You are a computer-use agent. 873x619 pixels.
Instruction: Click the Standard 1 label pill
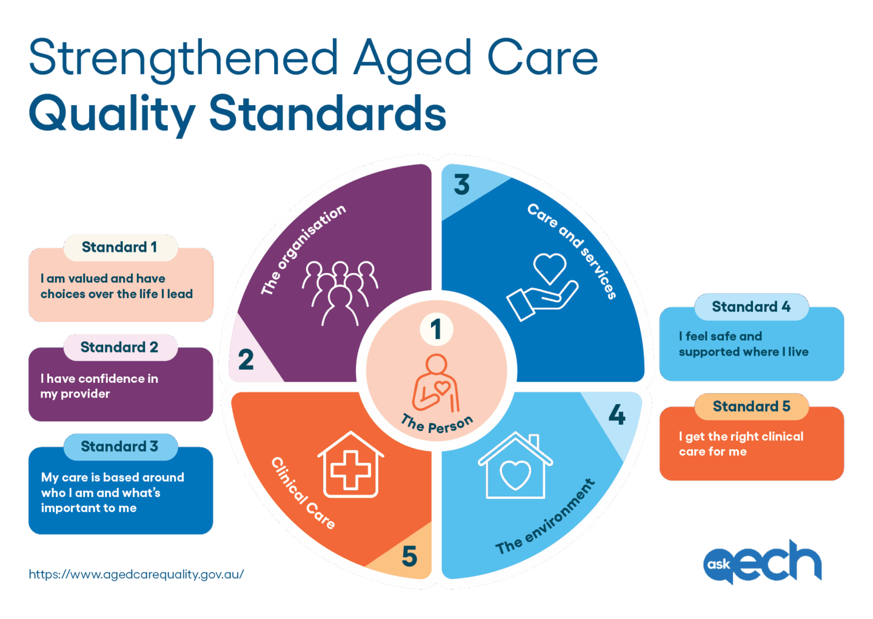(120, 247)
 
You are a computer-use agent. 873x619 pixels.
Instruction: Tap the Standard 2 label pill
(120, 347)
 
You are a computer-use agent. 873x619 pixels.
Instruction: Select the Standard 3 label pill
(120, 447)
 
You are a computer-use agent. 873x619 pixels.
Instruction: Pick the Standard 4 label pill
(751, 307)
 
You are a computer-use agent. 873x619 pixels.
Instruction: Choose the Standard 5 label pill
(751, 407)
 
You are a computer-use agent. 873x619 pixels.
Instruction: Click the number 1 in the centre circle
(436, 330)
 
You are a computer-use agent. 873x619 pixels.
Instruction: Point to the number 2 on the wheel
(246, 359)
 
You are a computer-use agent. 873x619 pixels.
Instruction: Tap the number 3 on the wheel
(462, 184)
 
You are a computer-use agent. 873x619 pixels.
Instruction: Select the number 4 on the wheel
(617, 415)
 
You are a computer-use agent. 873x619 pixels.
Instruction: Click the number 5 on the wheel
(410, 556)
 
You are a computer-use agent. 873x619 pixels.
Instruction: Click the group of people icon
(340, 291)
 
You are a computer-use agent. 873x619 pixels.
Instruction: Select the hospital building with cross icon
(350, 464)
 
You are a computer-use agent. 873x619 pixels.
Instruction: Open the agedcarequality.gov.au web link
(136, 574)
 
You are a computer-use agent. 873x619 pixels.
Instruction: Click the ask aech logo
(762, 562)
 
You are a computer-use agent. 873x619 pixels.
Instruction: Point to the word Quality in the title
(112, 114)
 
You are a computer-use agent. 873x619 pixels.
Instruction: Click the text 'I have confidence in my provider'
(99, 386)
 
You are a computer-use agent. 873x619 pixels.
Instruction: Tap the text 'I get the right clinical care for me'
(741, 444)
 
